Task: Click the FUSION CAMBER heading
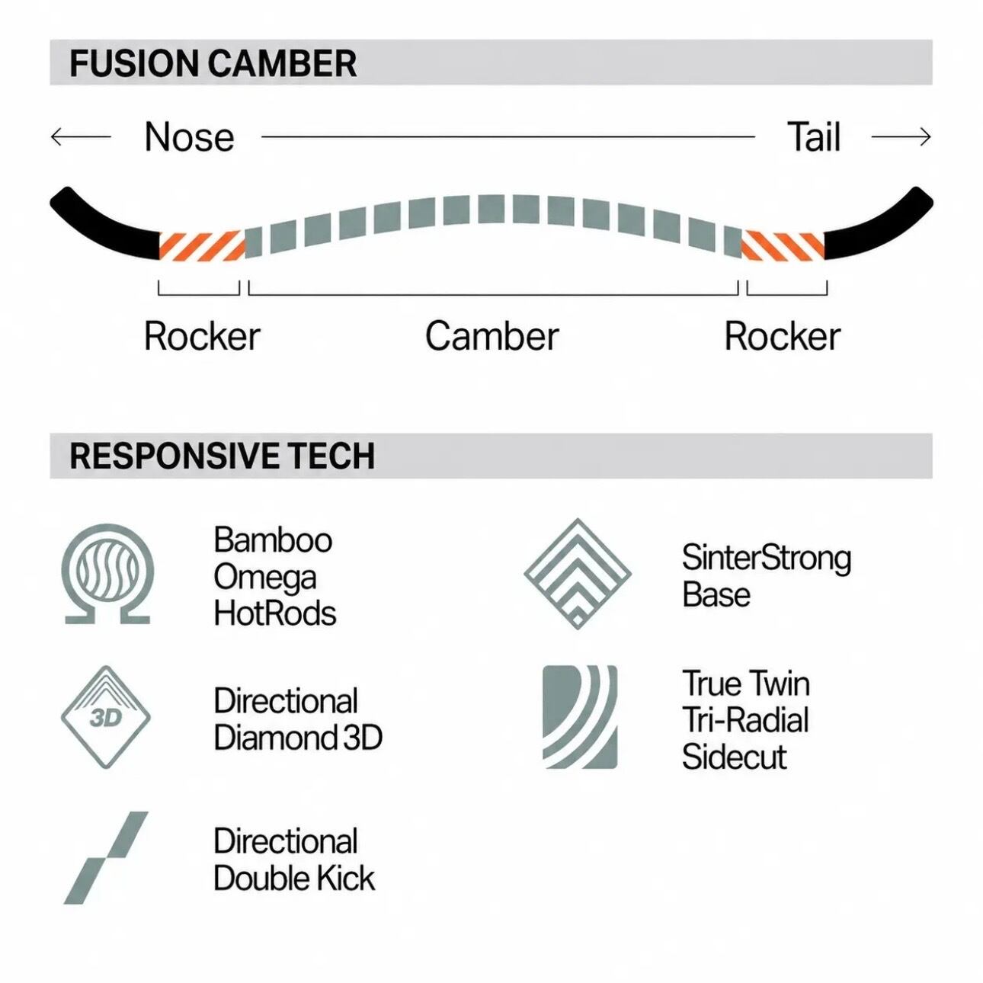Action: tap(213, 63)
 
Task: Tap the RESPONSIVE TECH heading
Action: tap(222, 455)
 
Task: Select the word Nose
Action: tap(189, 137)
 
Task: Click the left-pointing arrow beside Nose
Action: tap(81, 136)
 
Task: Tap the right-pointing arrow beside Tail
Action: tap(901, 136)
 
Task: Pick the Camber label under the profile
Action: tap(491, 336)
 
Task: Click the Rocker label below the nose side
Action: tap(202, 336)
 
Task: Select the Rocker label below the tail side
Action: tap(783, 336)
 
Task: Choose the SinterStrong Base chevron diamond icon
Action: tap(578, 573)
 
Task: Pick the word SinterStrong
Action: tap(767, 559)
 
